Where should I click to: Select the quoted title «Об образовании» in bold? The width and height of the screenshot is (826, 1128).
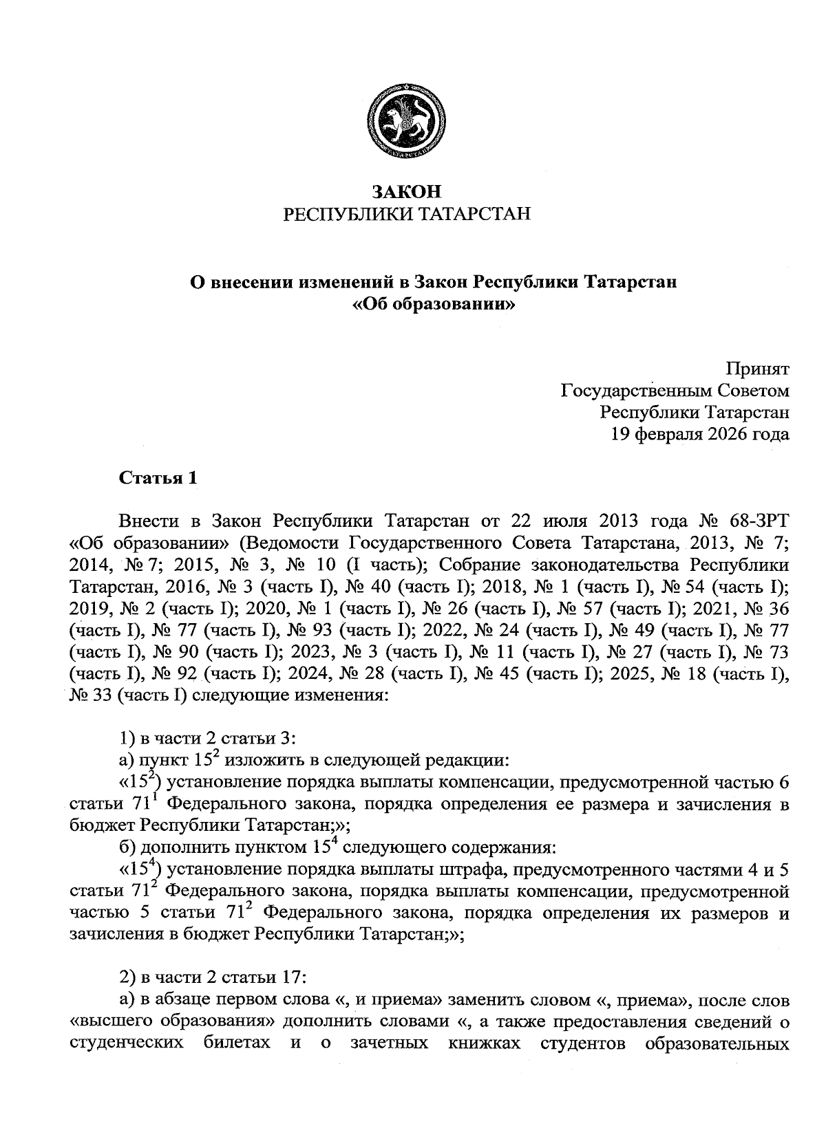434,304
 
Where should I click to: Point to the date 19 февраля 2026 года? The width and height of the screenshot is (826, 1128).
700,434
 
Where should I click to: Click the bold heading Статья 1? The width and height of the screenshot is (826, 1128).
158,478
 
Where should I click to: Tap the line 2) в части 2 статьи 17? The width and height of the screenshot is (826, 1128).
212,977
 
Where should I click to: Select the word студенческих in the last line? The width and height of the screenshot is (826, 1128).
127,1043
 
